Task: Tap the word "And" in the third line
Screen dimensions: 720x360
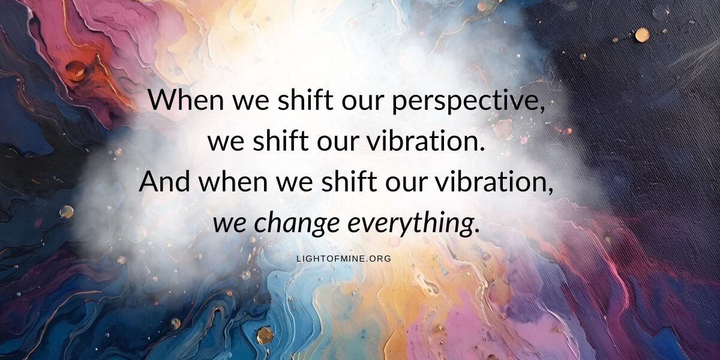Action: [x=164, y=181]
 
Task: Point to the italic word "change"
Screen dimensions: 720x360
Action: [x=296, y=223]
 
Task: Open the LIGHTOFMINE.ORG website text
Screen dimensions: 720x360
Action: [x=344, y=259]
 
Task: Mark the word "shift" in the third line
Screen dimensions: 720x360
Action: [x=349, y=181]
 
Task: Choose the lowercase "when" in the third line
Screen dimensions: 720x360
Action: [x=233, y=181]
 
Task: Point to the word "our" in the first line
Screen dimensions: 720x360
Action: [x=362, y=103]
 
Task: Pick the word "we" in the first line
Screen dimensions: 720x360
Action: [x=251, y=103]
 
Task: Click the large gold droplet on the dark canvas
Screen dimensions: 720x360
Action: [x=642, y=35]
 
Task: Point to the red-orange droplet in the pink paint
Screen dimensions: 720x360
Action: [x=76, y=70]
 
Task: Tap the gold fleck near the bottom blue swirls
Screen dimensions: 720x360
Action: [x=265, y=335]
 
